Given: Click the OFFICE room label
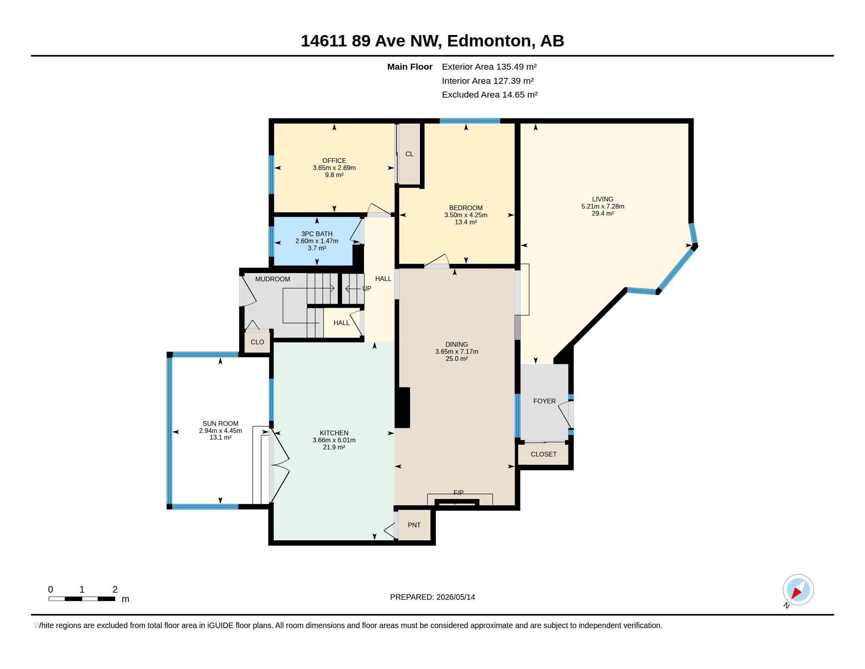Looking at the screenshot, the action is pos(334,161).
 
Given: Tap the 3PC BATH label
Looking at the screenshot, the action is pos(317,234).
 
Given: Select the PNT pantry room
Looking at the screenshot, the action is pos(414,525).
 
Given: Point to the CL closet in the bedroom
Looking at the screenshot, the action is pos(409,154).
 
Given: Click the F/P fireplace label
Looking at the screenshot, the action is pos(458,493).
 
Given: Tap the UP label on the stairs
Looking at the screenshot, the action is pos(367,288).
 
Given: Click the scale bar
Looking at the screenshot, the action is pos(82,599).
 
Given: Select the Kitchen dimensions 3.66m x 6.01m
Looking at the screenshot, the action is pos(334,440).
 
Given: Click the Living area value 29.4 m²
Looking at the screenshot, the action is pos(603,213).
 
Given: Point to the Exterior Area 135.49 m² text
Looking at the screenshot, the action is pos(489,67).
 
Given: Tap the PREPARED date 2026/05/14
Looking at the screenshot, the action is pos(455,597).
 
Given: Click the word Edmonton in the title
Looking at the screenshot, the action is pos(489,41).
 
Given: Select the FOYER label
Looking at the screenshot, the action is pos(545,401).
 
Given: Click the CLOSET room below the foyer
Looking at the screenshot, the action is pos(543,454).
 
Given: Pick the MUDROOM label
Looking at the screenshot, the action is pos(272,279).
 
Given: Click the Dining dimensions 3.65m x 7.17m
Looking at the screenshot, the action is pos(456,351).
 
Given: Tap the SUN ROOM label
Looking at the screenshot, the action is pos(221,423).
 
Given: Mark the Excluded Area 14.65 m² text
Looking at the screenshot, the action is pos(490,95).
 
